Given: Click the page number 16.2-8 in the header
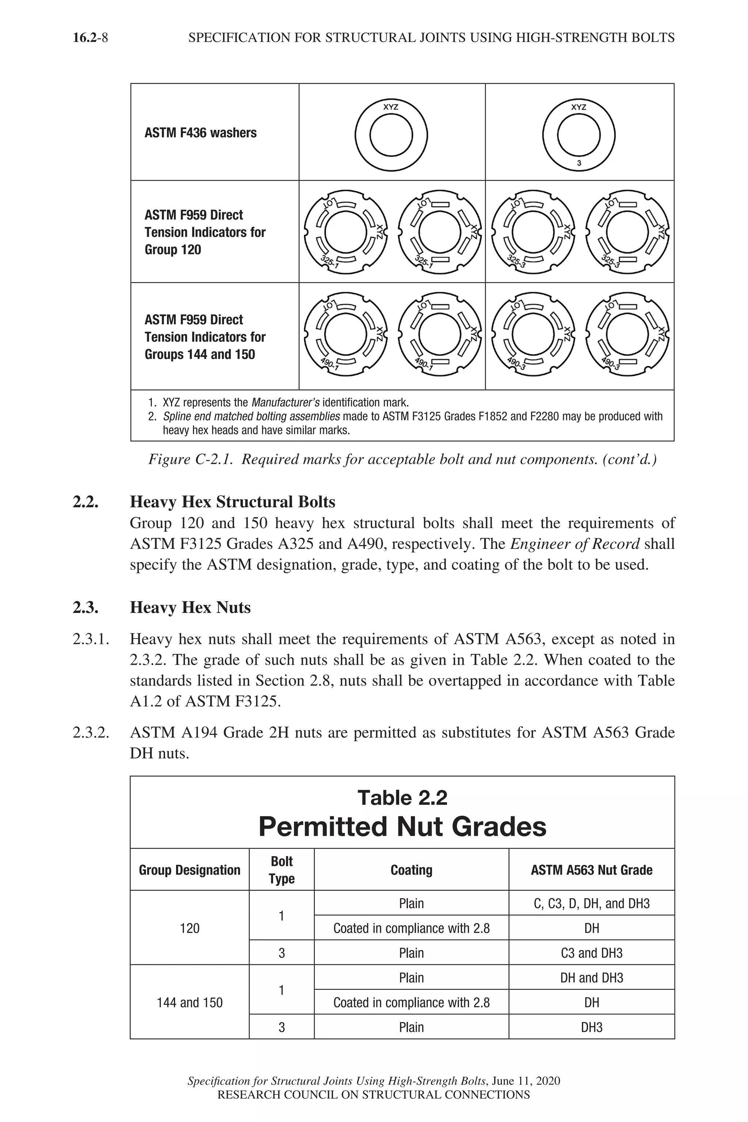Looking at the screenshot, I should pos(90,38).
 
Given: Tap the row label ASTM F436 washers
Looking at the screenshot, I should pos(201,133).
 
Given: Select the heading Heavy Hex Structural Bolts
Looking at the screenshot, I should pos(232,502).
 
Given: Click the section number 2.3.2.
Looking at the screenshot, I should pos(91,732).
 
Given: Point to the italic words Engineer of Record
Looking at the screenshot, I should pos(575,544).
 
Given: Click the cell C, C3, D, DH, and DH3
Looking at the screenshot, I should pos(592,904).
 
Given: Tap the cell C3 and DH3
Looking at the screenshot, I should pos(592,953).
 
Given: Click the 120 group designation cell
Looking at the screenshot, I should pos(190,928).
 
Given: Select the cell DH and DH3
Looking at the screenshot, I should pos(592,978).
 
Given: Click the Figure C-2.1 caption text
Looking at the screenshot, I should pos(402,459).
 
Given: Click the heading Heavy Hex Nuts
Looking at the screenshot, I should pos(190,608).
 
